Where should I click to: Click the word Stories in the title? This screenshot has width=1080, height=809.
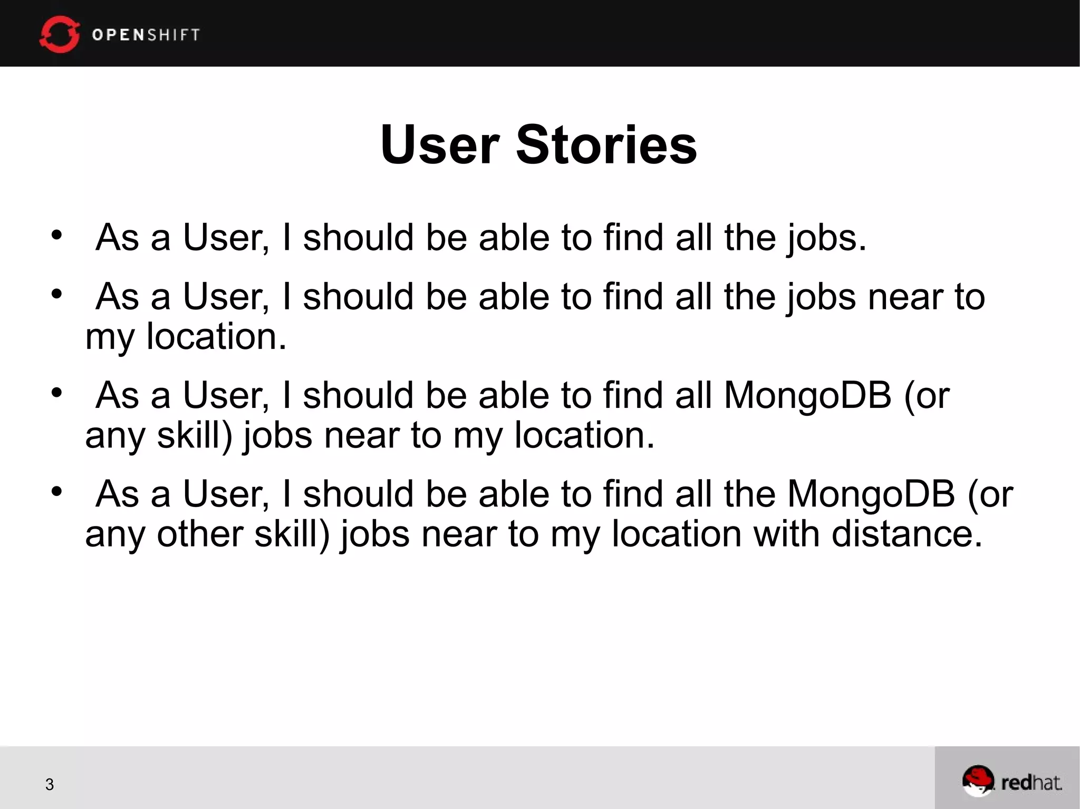point(606,144)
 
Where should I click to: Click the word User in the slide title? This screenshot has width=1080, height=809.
point(440,144)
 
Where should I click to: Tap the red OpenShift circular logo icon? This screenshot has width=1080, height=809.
point(59,34)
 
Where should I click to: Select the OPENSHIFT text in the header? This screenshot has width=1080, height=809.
point(146,35)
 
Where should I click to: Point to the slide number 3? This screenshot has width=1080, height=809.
point(50,784)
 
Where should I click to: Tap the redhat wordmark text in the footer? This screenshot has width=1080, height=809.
point(1031,783)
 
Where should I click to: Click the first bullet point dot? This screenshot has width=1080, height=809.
point(57,235)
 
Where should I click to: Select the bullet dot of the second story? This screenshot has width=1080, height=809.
point(57,294)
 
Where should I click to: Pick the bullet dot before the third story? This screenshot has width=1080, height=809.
point(57,393)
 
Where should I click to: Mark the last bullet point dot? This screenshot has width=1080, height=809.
point(57,491)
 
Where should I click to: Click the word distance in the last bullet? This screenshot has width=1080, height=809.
point(907,533)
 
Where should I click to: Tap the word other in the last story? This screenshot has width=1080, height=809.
point(200,533)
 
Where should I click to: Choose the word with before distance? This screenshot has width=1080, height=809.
point(786,533)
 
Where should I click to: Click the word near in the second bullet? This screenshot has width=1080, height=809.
point(905,297)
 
